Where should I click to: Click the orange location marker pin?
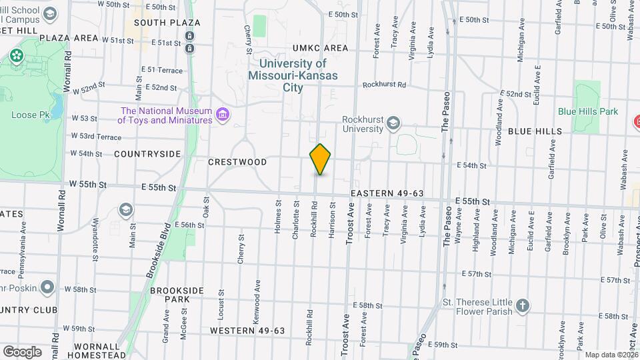(320, 159)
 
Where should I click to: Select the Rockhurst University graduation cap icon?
(394, 122)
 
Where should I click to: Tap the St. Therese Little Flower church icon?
(524, 306)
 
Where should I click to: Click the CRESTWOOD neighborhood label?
(237, 162)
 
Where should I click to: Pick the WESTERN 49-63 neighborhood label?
(247, 331)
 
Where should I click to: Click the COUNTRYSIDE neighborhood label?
(147, 154)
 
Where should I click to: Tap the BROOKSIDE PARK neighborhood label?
(170, 295)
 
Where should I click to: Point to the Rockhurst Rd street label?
(385, 85)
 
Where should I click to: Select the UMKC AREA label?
(320, 48)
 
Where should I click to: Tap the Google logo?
(21, 351)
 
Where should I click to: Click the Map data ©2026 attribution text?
(611, 355)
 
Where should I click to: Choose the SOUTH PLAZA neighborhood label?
(158, 23)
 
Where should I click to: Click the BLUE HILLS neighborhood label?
(535, 131)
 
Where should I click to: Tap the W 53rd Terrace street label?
(97, 137)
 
